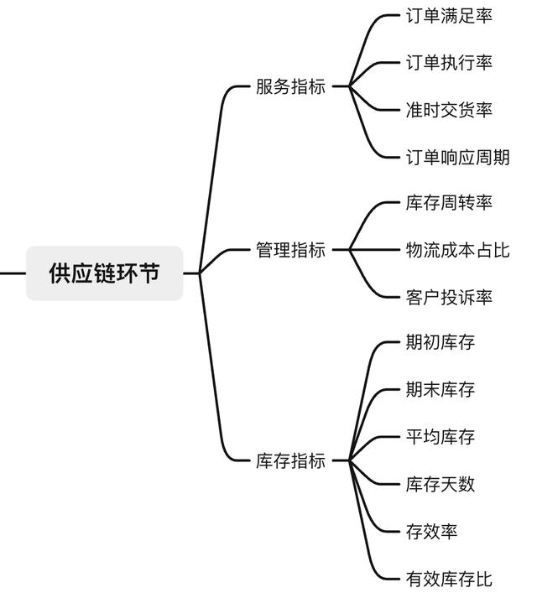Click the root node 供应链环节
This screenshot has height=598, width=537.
click(104, 273)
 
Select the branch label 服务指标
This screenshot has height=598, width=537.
click(290, 86)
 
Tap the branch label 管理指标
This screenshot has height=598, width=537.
click(290, 250)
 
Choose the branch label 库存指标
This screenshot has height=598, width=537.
click(290, 460)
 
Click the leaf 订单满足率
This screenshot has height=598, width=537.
click(449, 16)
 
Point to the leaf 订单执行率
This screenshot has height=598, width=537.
click(449, 63)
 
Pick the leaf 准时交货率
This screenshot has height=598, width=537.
click(449, 110)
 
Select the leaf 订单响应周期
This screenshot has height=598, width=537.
click(457, 157)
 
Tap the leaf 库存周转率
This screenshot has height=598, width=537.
click(449, 202)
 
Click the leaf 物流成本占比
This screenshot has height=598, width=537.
click(457, 250)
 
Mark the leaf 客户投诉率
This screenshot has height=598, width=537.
click(449, 298)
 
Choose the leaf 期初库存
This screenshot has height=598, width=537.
click(440, 342)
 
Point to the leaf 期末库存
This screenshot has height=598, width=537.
click(440, 389)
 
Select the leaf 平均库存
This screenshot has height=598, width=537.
click(440, 437)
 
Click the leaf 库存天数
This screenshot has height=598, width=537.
click(440, 484)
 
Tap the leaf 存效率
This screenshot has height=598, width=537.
click(431, 532)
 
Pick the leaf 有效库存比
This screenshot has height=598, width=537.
click(449, 579)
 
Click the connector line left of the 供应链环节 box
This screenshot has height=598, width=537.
click(13, 273)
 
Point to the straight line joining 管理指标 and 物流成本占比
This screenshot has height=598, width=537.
click(374, 250)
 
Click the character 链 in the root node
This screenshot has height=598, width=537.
click(104, 273)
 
